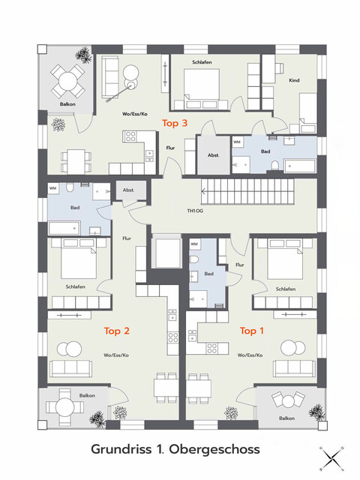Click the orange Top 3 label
point(175,123)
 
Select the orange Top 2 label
point(117,331)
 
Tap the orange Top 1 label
point(252,331)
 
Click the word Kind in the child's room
point(294,80)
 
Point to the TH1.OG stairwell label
point(195,211)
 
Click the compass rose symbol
point(331,458)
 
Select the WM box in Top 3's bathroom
point(237,142)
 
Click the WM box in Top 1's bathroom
point(194,244)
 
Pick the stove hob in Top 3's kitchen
point(130,136)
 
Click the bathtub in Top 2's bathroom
point(64,228)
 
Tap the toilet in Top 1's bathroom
point(194,260)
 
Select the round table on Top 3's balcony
point(67,81)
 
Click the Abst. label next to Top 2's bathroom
point(128,190)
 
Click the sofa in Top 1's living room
point(294,368)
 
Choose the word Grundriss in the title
point(121,449)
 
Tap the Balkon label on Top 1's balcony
point(286,418)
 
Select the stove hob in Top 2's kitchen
point(173,337)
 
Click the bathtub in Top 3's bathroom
point(300,166)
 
